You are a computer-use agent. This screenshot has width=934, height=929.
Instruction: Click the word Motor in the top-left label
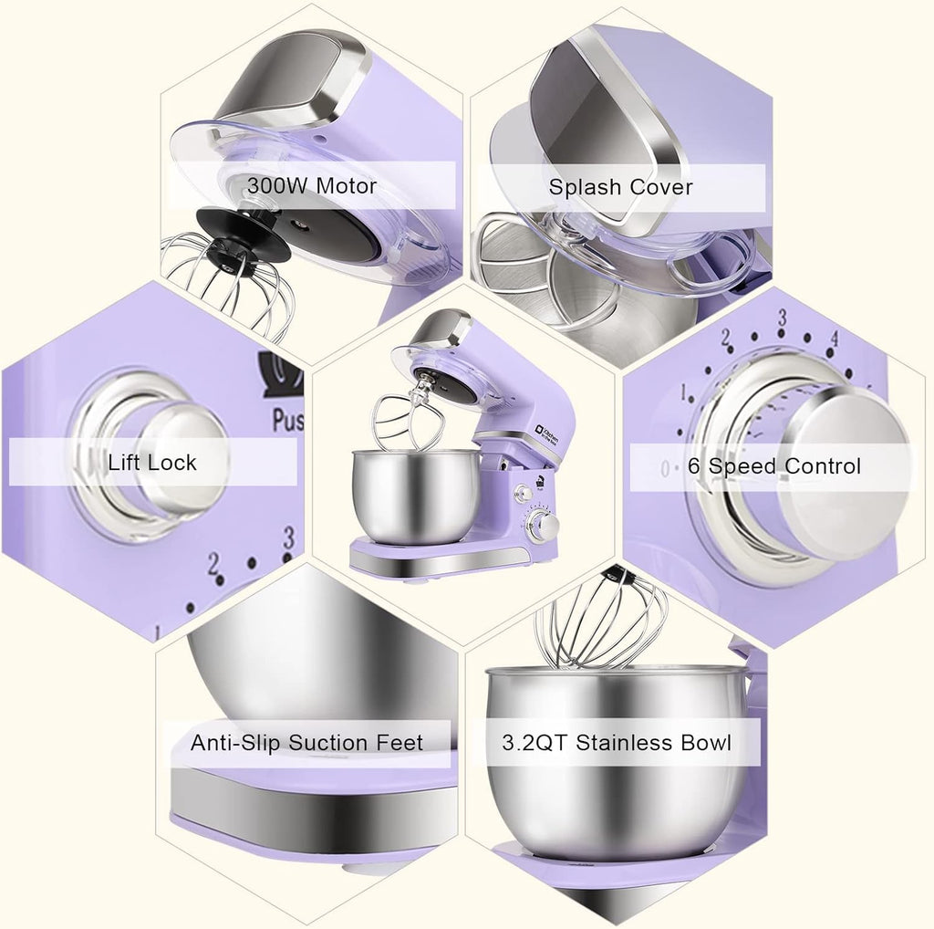346,186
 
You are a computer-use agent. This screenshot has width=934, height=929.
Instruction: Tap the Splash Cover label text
620,188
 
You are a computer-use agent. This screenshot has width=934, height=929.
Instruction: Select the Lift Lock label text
151,462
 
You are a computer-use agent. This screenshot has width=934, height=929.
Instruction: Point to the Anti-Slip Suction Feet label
306,743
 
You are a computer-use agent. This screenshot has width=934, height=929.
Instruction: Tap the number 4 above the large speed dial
833,339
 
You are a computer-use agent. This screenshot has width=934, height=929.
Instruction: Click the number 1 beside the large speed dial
682,395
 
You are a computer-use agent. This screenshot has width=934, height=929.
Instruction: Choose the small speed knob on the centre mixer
544,527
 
